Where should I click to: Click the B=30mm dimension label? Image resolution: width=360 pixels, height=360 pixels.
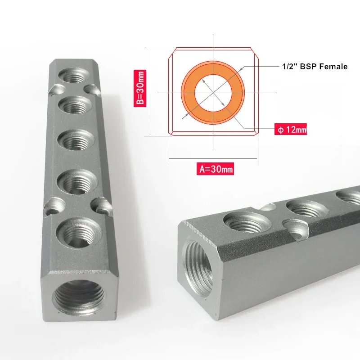pos(140,88)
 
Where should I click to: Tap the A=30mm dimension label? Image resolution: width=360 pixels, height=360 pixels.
pos(215,169)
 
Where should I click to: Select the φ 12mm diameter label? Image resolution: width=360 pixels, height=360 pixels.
pos(291,129)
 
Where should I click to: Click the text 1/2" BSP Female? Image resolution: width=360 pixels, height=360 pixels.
pos(315,67)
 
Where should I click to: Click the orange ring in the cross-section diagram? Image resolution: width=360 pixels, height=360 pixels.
pos(213,68)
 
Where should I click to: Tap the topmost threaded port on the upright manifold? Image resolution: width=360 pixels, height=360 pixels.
pos(74,75)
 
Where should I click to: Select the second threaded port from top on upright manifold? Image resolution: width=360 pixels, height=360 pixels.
pos(75,105)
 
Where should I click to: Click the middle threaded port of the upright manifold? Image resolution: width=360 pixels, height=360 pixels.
pos(76,139)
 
